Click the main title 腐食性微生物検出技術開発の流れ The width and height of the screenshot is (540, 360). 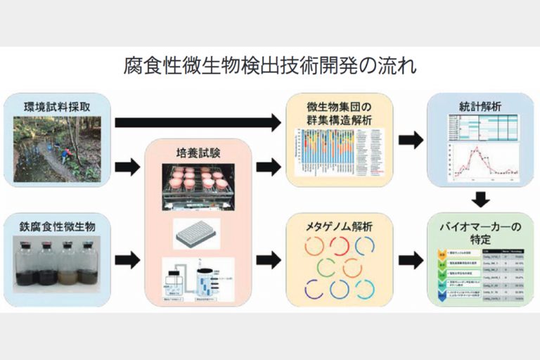click(270, 67)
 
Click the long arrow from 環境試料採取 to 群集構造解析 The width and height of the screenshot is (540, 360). click(197, 124)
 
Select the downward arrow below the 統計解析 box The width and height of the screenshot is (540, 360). click(480, 199)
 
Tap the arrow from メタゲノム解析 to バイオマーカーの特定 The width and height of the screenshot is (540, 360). click(411, 260)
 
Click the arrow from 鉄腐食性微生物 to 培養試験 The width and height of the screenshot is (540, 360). click(127, 260)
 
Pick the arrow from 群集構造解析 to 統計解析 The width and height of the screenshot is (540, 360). click(411, 139)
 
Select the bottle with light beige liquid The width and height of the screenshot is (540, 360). click(67, 264)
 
